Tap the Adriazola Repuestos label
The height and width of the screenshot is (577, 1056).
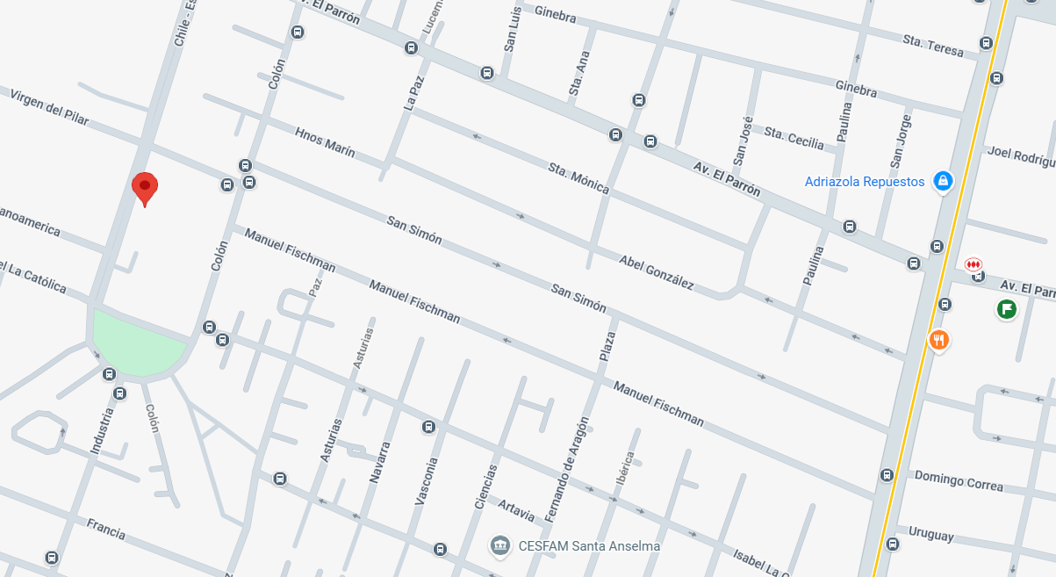pos(865,182)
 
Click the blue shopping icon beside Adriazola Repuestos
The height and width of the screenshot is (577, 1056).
pos(943,182)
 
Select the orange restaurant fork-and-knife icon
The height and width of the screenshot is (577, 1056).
pos(939,340)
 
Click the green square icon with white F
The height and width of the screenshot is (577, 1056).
pos(1006,309)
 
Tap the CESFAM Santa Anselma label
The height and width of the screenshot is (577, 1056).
pos(589,546)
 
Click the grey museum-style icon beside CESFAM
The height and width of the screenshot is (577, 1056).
pos(500,546)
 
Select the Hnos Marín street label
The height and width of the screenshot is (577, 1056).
pos(326,143)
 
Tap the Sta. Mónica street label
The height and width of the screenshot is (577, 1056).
pos(578,178)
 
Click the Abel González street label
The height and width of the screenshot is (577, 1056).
pos(657,273)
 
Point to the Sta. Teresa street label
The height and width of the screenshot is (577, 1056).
pos(933,46)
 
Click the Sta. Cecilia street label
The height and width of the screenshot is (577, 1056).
pos(794,138)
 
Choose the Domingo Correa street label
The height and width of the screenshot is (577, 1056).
pos(959,480)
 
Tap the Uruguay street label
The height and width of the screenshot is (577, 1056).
pos(930,533)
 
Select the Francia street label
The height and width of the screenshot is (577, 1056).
pos(105,529)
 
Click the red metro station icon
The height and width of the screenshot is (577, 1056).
pos(973,264)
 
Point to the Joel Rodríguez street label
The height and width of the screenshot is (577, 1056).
pos(1021,155)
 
